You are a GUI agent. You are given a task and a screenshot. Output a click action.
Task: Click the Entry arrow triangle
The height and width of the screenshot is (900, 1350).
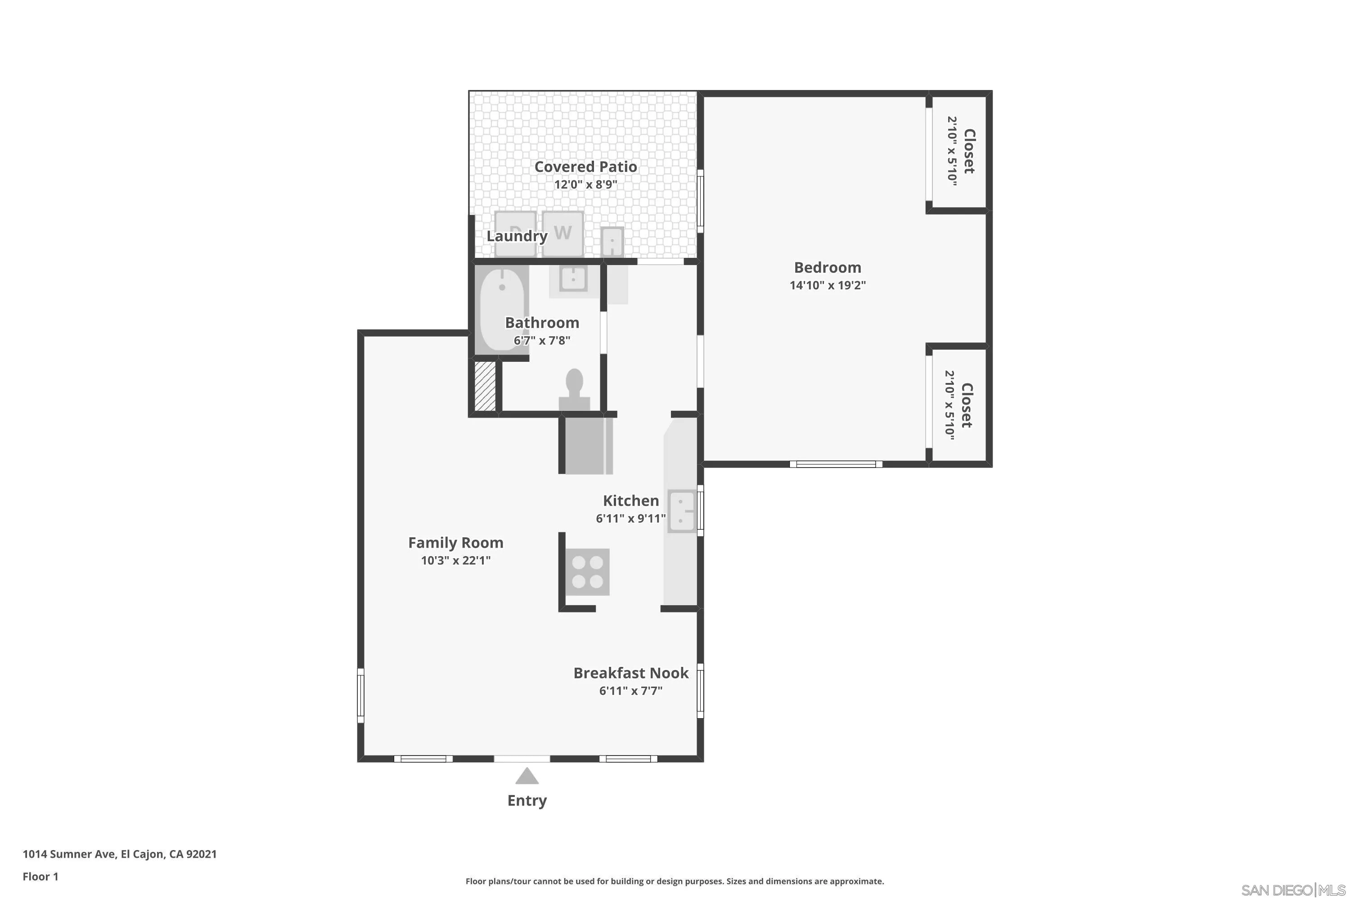(x=526, y=777)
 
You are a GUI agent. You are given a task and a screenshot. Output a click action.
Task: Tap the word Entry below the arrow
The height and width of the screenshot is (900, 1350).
(x=526, y=800)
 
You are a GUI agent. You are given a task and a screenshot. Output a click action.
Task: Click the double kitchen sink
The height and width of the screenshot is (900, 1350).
(x=681, y=511)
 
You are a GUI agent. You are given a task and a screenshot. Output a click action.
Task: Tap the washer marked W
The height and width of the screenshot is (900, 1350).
(x=562, y=233)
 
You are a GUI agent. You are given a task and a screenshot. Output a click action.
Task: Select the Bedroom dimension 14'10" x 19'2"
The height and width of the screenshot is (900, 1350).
(x=827, y=285)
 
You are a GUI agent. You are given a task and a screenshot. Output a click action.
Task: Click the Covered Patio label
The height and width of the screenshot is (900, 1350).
(x=585, y=167)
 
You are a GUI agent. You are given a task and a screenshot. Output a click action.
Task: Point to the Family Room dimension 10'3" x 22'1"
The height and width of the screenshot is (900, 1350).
(x=456, y=560)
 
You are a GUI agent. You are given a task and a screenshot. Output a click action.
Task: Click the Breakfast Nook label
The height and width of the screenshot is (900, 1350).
(x=630, y=673)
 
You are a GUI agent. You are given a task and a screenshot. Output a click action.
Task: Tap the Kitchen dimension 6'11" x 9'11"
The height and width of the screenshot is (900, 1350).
(x=630, y=518)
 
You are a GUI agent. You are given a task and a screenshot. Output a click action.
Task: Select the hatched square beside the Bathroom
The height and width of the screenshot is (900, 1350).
(x=485, y=386)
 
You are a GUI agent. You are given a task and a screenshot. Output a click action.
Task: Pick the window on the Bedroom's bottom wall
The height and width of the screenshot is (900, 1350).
(x=836, y=464)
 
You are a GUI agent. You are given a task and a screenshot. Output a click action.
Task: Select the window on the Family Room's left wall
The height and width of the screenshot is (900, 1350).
(x=360, y=695)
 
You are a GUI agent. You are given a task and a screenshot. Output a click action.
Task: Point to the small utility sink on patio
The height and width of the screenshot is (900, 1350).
(x=612, y=242)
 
